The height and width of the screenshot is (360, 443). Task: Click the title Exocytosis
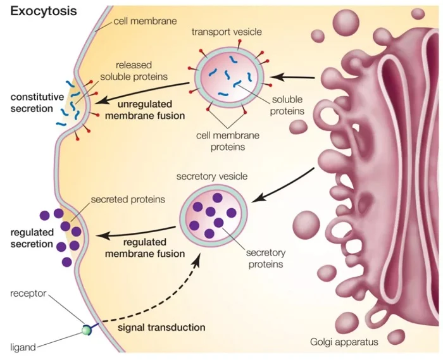click(x=43, y=11)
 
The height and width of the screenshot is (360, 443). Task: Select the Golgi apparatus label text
click(x=344, y=342)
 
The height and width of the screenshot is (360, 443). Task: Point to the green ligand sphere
click(x=85, y=330)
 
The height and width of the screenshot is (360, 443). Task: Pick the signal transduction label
click(x=162, y=328)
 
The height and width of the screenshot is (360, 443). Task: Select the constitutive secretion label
click(x=37, y=102)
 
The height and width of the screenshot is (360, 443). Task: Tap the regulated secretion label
click(x=32, y=239)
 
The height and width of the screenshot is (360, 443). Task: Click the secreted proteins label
click(x=128, y=199)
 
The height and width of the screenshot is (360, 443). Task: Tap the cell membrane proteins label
click(x=218, y=140)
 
